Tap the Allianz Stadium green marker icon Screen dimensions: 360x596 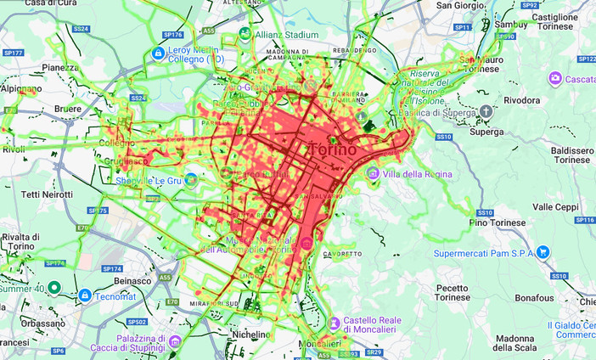(x=245, y=35)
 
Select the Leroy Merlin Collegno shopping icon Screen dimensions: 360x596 (x=157, y=53)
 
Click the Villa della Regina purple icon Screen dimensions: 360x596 (x=372, y=173)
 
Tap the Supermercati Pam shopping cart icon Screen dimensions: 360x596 (x=543, y=252)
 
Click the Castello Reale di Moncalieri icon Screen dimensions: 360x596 (x=335, y=324)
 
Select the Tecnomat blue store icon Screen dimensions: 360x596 (x=85, y=295)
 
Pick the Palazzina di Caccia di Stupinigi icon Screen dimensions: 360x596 (x=175, y=342)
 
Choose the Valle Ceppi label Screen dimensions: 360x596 (x=555, y=206)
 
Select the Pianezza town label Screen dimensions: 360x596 (x=60, y=67)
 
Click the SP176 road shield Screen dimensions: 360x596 (x=172, y=35)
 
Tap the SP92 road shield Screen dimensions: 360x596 (x=530, y=5)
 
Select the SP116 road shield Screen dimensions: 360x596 (x=584, y=220)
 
